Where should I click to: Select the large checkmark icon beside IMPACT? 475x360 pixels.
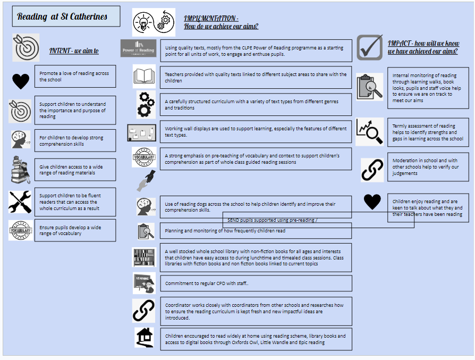370,48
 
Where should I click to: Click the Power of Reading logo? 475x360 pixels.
138,48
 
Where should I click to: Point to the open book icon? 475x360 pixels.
144,77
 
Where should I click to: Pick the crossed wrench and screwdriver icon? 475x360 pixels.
20,202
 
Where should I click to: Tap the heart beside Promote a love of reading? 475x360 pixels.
21,81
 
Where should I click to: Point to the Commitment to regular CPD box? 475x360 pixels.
256,283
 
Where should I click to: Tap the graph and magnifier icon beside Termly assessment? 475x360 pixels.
369,131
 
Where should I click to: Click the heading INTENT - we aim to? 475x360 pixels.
74,51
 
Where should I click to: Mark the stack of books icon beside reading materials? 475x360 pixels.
21,170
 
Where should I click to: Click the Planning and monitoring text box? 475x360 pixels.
256,231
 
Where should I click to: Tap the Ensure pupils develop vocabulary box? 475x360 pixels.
75,230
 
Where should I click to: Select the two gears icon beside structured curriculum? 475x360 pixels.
145,104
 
